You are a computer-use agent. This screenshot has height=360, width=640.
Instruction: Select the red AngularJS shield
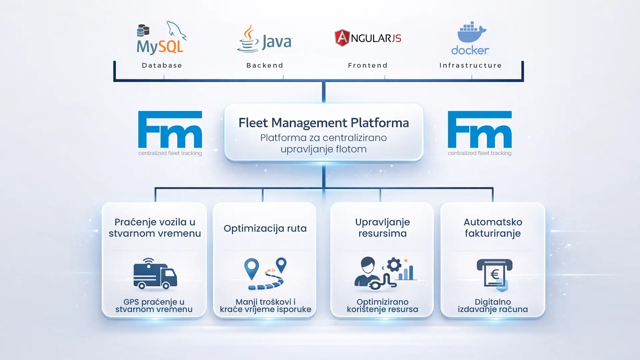342,38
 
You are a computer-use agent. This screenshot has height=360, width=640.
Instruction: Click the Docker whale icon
471,33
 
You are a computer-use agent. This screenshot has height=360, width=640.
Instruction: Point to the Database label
162,65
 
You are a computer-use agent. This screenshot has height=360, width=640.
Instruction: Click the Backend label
265,65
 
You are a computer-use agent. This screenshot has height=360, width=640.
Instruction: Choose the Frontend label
368,65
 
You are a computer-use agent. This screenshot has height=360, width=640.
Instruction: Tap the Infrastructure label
471,65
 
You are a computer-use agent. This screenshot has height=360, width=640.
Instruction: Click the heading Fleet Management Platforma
324,123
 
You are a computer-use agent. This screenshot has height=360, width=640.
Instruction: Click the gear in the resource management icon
394,265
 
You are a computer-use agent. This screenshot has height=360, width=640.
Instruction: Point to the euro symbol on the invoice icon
495,274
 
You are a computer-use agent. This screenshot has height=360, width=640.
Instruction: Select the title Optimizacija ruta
265,228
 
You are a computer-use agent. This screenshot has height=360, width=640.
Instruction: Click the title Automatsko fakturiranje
493,228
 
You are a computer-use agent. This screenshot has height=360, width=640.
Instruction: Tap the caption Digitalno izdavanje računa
493,306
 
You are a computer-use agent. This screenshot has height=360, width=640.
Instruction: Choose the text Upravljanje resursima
382,228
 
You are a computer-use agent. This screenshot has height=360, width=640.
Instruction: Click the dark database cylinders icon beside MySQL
143,31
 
